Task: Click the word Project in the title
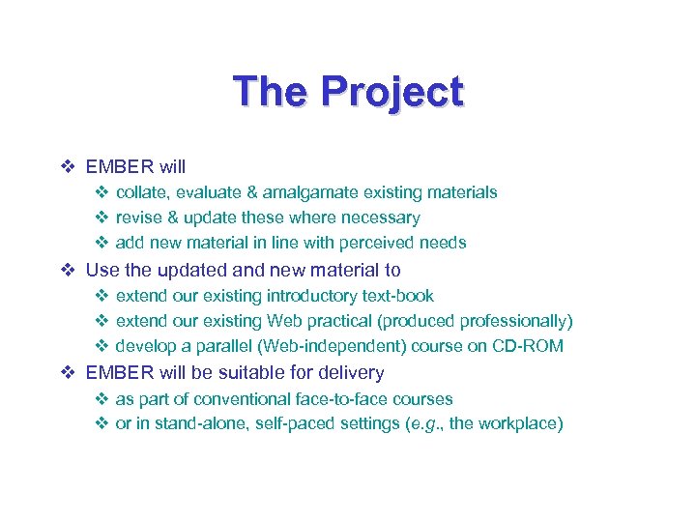(x=391, y=92)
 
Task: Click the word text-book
(x=397, y=296)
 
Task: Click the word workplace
(x=521, y=424)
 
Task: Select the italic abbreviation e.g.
(x=421, y=424)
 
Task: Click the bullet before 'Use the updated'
(x=68, y=271)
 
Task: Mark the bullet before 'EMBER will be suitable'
(x=68, y=373)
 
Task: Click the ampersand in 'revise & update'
(x=172, y=217)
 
